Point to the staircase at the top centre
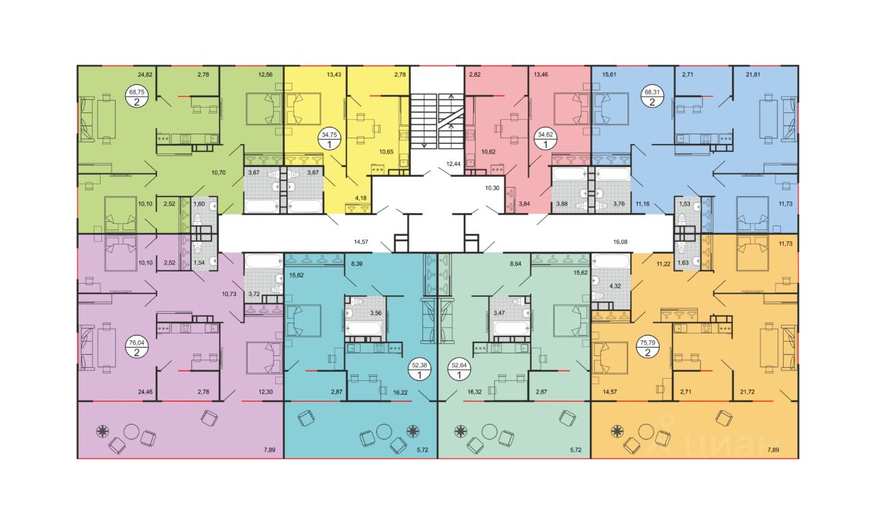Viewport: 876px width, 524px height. pos(437,113)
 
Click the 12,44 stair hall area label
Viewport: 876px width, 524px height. pos(453,164)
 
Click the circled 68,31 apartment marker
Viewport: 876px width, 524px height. pos(652,97)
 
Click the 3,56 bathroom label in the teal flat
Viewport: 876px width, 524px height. pos(376,313)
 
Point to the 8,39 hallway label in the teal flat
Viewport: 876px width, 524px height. pos(357,262)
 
